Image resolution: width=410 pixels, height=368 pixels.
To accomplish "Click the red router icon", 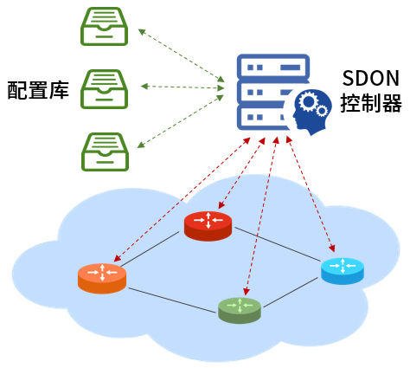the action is [x=208, y=226].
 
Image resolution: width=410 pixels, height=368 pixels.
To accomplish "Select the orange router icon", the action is [x=102, y=279].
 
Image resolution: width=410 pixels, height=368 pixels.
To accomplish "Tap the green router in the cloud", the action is [x=240, y=311].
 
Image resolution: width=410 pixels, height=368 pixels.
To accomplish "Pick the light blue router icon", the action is [x=343, y=272].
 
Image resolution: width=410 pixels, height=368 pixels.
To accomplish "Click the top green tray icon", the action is [x=104, y=26].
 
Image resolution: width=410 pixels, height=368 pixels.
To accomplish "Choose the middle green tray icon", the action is [x=104, y=89].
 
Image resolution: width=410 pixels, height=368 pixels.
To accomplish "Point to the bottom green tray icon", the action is [x=105, y=152].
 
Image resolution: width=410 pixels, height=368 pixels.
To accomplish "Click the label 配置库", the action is [x=38, y=90].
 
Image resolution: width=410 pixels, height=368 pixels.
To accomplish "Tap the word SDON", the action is [x=370, y=78].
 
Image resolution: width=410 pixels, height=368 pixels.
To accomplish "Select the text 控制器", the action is [x=371, y=103].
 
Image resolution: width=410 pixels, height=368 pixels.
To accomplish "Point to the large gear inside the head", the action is [x=308, y=101].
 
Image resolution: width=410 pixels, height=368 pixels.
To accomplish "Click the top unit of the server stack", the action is [x=273, y=67].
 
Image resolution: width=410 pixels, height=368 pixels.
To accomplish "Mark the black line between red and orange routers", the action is [x=151, y=249].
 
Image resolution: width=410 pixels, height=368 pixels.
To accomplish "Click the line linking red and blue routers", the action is [x=278, y=244].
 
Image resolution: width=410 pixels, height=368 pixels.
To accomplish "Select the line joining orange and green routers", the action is [x=171, y=300].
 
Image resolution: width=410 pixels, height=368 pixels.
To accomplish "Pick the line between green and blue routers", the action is [x=291, y=293].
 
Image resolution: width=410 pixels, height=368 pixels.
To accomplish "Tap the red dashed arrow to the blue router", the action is [x=311, y=194].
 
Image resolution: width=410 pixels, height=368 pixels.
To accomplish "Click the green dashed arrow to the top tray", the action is [x=181, y=55].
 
